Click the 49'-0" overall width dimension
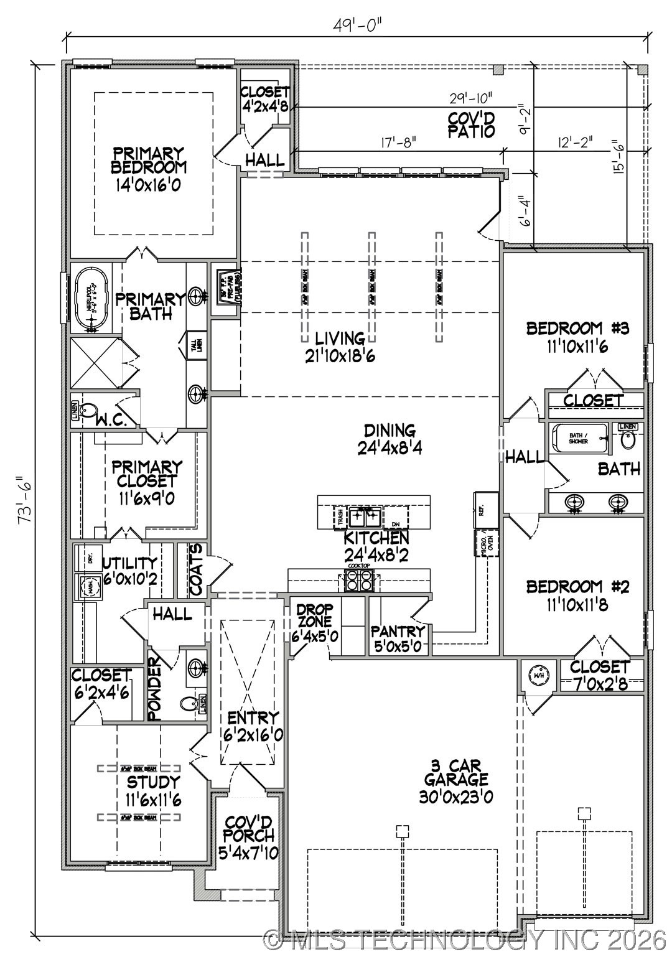357,26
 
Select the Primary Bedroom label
148,160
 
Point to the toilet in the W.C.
90,411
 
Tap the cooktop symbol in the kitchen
358,581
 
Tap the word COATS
195,569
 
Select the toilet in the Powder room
189,704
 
